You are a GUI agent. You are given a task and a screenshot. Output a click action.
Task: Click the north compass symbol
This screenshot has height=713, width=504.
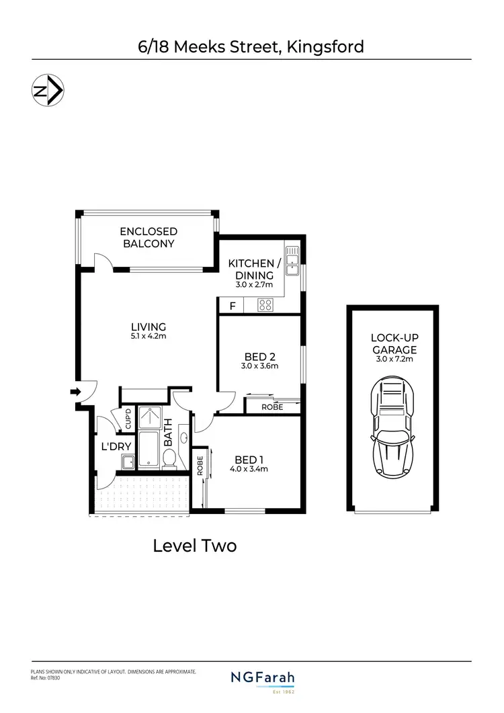tap(48, 91)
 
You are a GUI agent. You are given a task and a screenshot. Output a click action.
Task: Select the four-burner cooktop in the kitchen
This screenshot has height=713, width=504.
tap(265, 305)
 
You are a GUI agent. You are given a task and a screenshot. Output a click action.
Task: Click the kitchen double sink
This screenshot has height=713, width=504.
tap(292, 261)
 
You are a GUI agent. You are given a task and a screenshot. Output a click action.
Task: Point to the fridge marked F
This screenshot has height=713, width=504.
tap(233, 306)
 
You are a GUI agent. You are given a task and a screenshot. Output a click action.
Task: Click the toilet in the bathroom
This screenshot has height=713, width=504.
tap(170, 459)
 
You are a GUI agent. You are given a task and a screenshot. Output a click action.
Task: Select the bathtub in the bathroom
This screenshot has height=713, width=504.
tap(149, 451)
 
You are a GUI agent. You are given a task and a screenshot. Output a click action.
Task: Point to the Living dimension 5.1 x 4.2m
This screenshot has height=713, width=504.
tap(149, 336)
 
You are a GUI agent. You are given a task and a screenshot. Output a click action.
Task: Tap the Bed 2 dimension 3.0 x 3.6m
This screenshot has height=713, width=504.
tap(259, 366)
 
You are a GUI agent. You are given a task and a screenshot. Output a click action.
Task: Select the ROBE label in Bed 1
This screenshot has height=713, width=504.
tap(200, 466)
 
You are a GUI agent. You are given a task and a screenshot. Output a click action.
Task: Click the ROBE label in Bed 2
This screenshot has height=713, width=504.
tap(272, 407)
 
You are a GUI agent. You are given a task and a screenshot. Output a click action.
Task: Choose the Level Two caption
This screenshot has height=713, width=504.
tap(195, 546)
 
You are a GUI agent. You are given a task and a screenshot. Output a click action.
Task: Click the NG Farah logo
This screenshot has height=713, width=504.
tap(263, 679)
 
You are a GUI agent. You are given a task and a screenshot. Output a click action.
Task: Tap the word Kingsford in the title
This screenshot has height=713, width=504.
tap(325, 46)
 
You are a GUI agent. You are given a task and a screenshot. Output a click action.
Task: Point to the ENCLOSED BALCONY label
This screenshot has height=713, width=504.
tap(148, 237)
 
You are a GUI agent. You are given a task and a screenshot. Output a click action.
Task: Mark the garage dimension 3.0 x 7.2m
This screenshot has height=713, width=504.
tap(394, 359)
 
